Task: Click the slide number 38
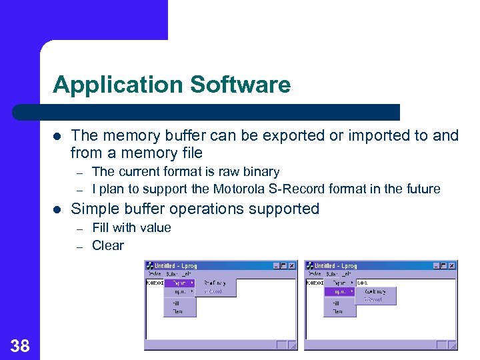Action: pyautogui.click(x=20, y=345)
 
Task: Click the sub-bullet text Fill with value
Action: pyautogui.click(x=131, y=227)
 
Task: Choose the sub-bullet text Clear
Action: pyautogui.click(x=107, y=245)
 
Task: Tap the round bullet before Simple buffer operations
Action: pyautogui.click(x=57, y=209)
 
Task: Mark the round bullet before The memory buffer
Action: pyautogui.click(x=57, y=135)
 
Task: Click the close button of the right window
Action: pyautogui.click(x=453, y=265)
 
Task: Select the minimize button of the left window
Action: pyautogui.click(x=275, y=265)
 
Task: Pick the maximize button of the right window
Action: pyautogui.click(x=444, y=265)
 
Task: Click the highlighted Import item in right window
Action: pyautogui.click(x=339, y=291)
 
